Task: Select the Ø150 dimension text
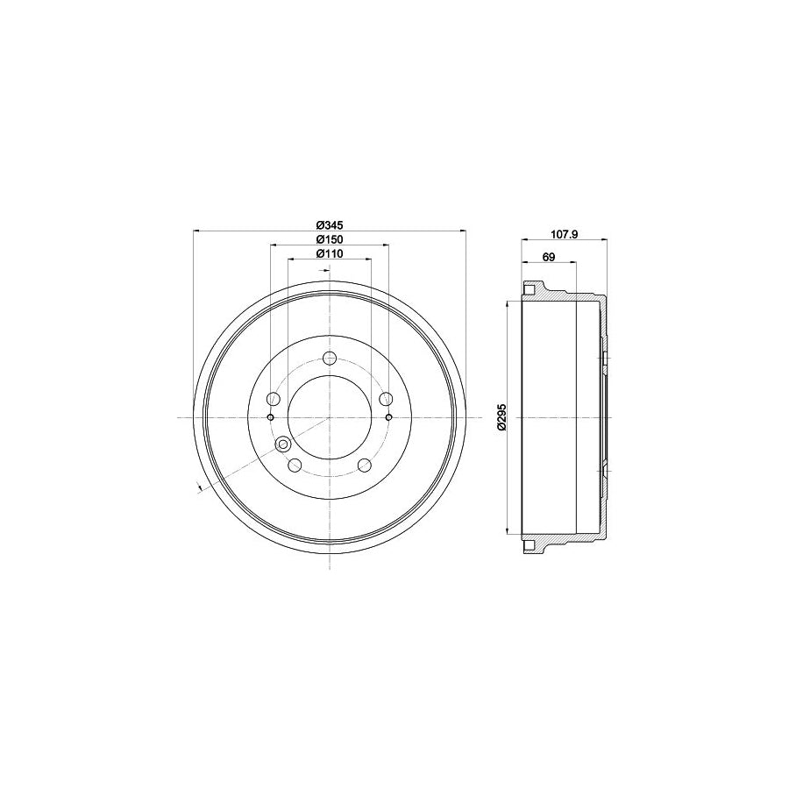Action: [x=329, y=238]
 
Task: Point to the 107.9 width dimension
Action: [x=561, y=233]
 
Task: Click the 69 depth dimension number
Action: [x=549, y=257]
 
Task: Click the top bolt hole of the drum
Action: [x=329, y=358]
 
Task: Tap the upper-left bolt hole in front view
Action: [x=273, y=400]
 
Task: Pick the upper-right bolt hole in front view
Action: [x=385, y=400]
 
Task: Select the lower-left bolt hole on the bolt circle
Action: [x=295, y=466]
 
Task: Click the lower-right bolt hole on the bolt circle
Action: [x=363, y=466]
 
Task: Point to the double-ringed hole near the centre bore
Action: [x=283, y=445]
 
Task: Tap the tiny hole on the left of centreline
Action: [x=270, y=417]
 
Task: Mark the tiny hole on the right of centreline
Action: [x=387, y=417]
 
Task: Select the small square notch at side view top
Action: [x=529, y=288]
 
